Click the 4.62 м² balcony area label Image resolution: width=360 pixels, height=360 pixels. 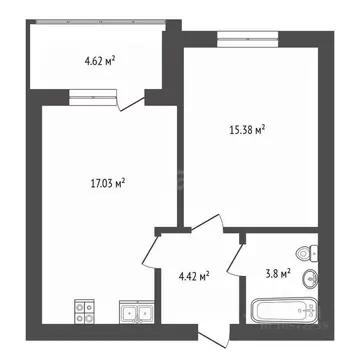[x=99, y=61]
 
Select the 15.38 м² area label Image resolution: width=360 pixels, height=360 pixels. [x=247, y=128]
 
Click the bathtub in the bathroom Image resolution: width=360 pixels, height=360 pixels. [x=283, y=308]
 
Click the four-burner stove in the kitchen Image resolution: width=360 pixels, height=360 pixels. [x=85, y=313]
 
